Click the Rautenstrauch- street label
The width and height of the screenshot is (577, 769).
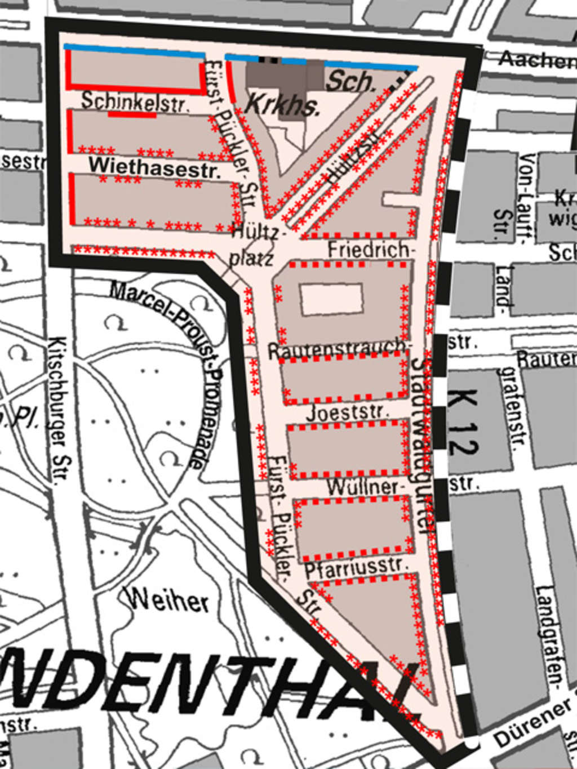tap(337, 349)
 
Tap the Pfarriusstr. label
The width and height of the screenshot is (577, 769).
tap(355, 567)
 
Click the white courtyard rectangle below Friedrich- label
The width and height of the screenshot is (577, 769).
tap(331, 299)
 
